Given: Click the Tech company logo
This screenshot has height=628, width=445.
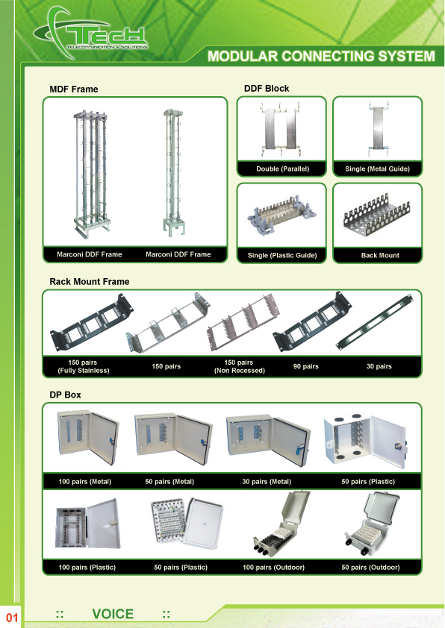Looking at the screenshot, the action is click(x=91, y=34).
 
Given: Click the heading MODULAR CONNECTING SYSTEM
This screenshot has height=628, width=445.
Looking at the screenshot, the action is click(x=321, y=56).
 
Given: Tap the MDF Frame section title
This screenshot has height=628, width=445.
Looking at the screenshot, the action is click(x=74, y=90).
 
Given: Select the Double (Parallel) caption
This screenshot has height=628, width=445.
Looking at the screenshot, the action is click(x=283, y=169).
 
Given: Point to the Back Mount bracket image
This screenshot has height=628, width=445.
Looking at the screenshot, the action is click(x=377, y=216).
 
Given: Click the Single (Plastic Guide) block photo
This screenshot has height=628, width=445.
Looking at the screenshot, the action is click(x=284, y=215).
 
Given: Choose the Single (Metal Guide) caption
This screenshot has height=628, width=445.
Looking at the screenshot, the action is click(x=377, y=169).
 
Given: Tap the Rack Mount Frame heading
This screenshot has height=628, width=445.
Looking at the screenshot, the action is click(x=90, y=282).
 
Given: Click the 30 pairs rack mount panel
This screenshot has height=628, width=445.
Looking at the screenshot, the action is click(x=375, y=322).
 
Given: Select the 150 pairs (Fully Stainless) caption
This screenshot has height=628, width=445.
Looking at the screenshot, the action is click(x=83, y=366).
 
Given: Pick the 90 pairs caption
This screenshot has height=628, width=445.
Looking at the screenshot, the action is click(x=305, y=366).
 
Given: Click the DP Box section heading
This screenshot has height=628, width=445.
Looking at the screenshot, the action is click(x=65, y=395).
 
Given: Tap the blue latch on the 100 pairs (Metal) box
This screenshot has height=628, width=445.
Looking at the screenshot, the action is click(x=113, y=441).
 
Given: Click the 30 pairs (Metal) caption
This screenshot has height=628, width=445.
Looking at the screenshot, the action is click(x=267, y=481).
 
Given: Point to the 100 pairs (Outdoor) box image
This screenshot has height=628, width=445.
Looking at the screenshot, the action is click(x=281, y=524).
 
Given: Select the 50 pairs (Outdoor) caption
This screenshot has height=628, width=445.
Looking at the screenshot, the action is click(x=370, y=568).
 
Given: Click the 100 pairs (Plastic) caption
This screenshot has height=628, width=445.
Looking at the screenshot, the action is click(x=87, y=568).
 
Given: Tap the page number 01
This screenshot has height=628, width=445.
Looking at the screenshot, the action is click(x=12, y=618).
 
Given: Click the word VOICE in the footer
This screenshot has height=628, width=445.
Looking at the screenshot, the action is click(x=113, y=614).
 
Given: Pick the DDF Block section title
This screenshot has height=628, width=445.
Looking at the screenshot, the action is click(x=267, y=89).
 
